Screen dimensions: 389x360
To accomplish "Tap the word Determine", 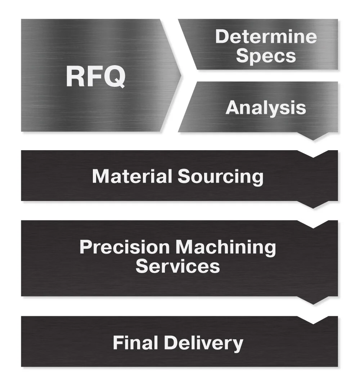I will (x=266, y=37).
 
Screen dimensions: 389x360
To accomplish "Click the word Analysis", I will (x=266, y=108).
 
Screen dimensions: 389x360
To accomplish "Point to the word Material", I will (x=132, y=176).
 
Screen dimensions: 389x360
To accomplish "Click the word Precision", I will (x=125, y=247).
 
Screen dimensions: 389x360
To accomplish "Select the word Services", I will (x=177, y=266).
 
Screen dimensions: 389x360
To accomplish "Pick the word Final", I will (x=135, y=343).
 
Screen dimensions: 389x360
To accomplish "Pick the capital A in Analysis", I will (x=233, y=108).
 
